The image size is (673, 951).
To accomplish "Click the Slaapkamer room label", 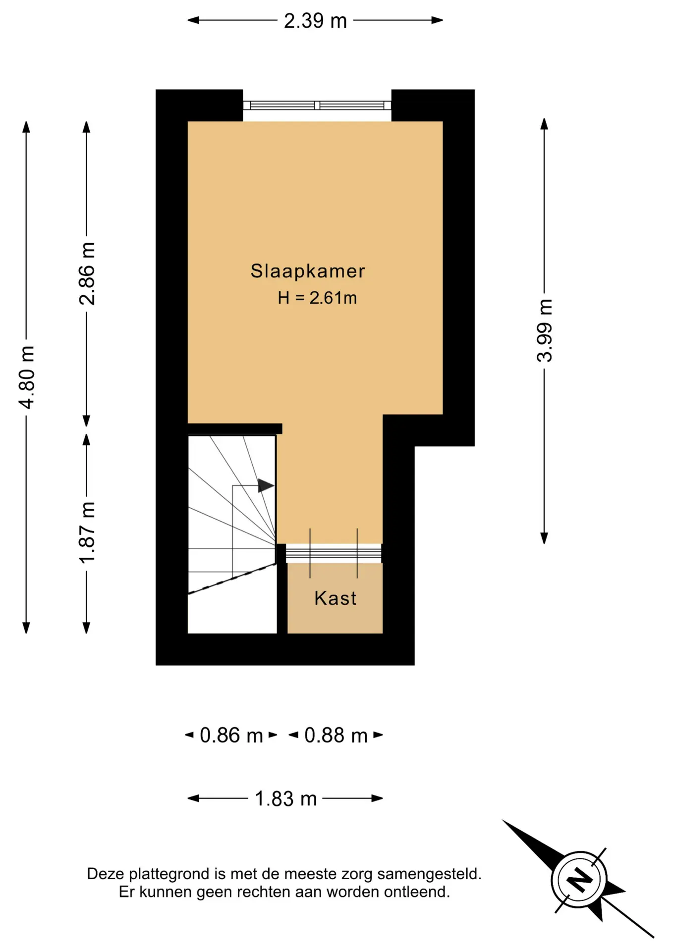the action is (308, 271).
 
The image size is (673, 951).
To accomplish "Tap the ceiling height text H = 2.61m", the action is (317, 298).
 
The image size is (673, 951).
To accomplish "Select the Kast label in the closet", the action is (335, 598).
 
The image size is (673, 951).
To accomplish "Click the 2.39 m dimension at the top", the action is (315, 21).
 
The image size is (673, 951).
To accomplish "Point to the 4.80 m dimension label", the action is (27, 377).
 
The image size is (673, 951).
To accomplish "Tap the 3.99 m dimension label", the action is (545, 331).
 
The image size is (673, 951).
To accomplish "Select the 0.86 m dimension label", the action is (231, 736).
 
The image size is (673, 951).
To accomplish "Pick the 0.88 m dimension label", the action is (336, 736).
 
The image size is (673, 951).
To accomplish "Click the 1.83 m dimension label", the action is (285, 799).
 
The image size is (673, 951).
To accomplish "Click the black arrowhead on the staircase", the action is (266, 485).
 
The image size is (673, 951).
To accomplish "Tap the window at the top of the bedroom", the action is (317, 105).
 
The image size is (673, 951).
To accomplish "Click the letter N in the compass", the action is (579, 880).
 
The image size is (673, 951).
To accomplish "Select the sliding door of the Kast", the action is (334, 554).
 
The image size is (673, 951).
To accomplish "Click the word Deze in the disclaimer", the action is (106, 874).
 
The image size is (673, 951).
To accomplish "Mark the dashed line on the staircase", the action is (231, 578).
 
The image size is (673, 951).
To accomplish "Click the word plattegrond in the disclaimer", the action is (168, 874).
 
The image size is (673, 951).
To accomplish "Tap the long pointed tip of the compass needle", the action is (503, 820).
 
